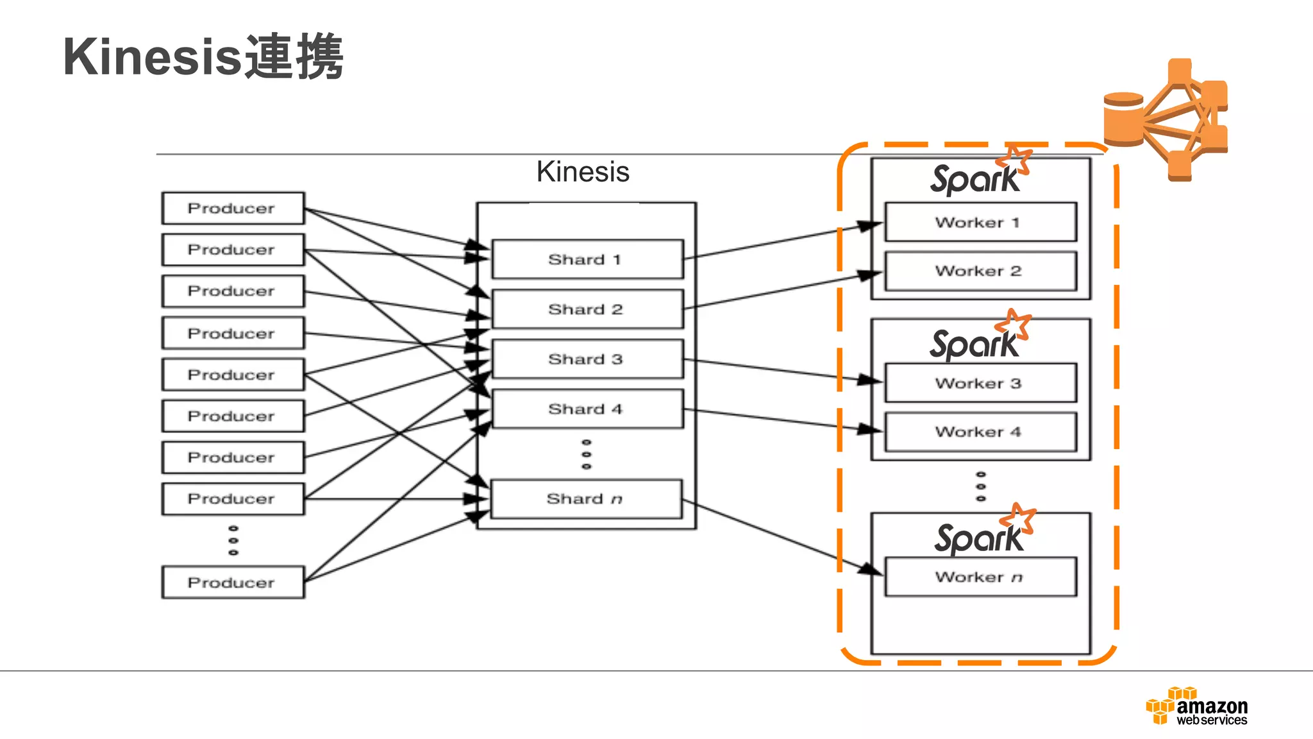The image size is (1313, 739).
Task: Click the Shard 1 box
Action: pyautogui.click(x=587, y=259)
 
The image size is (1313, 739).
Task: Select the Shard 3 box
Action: pyautogui.click(x=587, y=359)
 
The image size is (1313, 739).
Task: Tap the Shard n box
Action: pyautogui.click(x=585, y=499)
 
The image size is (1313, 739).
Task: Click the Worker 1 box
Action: pyautogui.click(x=980, y=223)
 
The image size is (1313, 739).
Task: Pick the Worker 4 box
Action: pyautogui.click(x=980, y=432)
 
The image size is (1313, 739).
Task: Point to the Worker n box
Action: pyautogui.click(x=980, y=577)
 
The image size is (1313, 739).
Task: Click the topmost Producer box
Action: pyautogui.click(x=233, y=208)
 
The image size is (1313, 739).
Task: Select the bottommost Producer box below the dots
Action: pyautogui.click(x=233, y=582)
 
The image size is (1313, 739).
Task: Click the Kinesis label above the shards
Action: pyautogui.click(x=583, y=172)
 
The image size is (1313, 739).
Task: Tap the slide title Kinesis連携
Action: pyautogui.click(x=203, y=58)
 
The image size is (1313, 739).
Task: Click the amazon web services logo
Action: pyautogui.click(x=1196, y=706)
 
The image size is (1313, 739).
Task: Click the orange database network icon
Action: pyautogui.click(x=1166, y=121)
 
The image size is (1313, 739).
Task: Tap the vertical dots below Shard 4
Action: pyautogui.click(x=586, y=454)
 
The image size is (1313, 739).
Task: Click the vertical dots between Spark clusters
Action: pyautogui.click(x=980, y=486)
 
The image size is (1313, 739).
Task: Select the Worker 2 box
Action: pyautogui.click(x=980, y=271)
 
